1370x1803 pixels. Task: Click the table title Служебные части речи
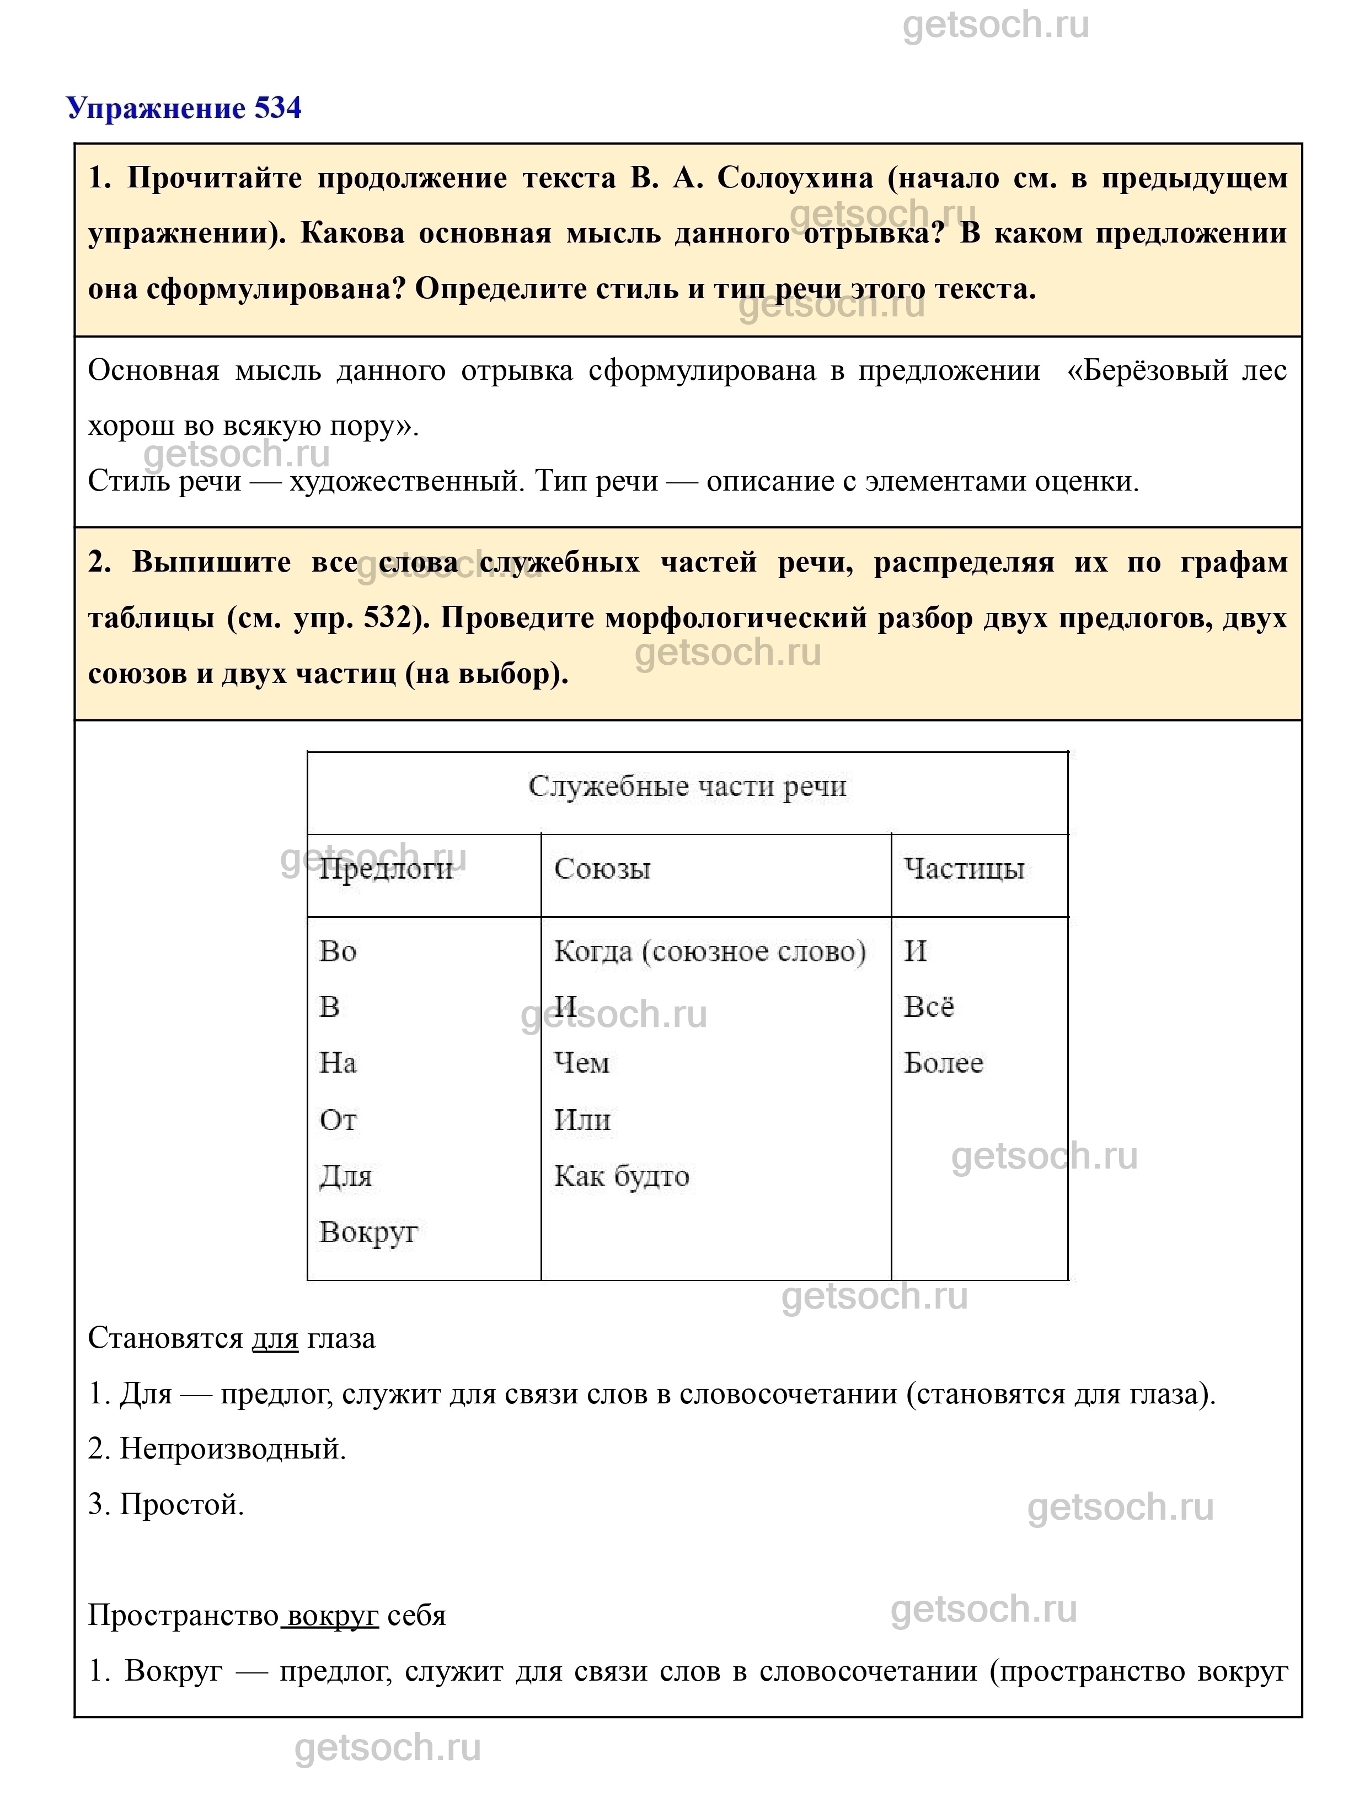click(x=687, y=787)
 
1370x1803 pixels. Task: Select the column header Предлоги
click(x=386, y=869)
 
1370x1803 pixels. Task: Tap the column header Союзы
click(x=602, y=869)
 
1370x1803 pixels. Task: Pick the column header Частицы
click(x=964, y=869)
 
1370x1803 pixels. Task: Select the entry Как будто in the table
click(x=622, y=1176)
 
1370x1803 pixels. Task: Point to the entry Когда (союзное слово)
click(x=709, y=952)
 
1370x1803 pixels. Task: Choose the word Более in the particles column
click(x=944, y=1064)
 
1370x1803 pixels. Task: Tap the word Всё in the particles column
click(x=929, y=1008)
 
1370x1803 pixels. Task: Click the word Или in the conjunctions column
click(x=582, y=1120)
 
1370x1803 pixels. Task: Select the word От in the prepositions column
click(x=338, y=1120)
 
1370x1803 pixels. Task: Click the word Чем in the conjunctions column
click(x=581, y=1064)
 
